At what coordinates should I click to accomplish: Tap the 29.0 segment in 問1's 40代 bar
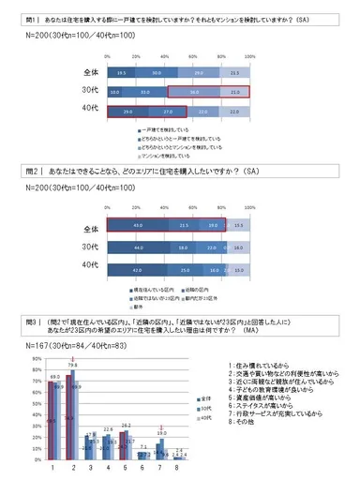[x=124, y=111]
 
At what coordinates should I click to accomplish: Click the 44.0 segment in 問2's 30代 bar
[x=137, y=246]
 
